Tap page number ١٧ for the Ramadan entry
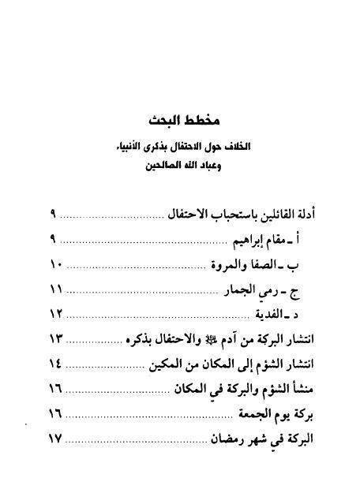[56, 439]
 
